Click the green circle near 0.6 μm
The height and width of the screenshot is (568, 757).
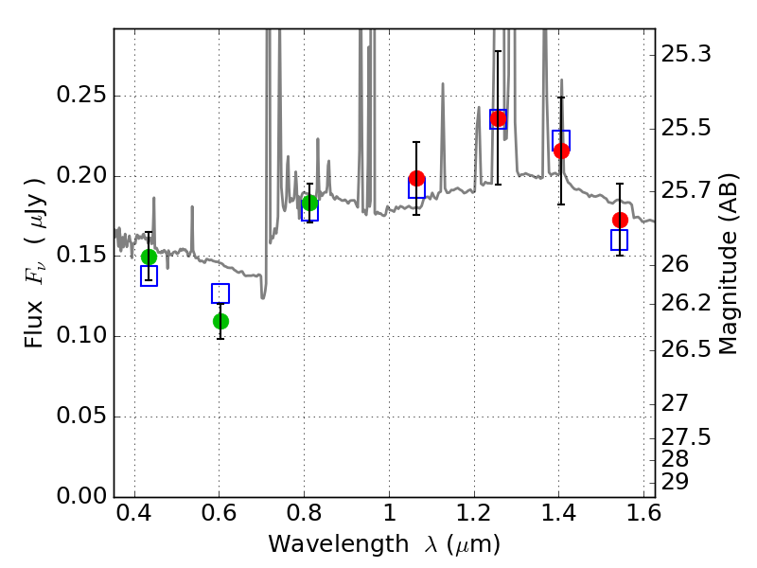click(x=220, y=321)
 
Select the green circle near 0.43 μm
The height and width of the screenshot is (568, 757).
click(x=149, y=257)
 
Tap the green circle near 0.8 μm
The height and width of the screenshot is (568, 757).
click(x=310, y=203)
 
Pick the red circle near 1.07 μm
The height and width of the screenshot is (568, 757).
click(x=416, y=178)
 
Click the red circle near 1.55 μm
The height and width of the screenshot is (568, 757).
click(x=621, y=221)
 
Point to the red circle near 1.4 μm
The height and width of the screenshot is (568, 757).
click(x=561, y=151)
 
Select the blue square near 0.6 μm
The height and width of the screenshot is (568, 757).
click(x=220, y=293)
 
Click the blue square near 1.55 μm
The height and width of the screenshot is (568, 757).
click(x=619, y=240)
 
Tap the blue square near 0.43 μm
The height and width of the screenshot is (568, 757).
click(x=149, y=275)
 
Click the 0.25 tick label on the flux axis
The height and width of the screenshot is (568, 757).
click(x=81, y=95)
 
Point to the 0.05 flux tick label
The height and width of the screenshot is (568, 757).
click(x=81, y=416)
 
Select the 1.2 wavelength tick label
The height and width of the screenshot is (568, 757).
click(x=474, y=513)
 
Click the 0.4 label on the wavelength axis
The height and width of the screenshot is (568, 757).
click(x=134, y=513)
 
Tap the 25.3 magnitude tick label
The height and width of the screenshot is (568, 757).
click(x=686, y=54)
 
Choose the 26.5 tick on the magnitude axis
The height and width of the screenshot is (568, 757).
click(x=686, y=349)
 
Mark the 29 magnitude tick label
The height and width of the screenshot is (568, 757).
click(x=675, y=482)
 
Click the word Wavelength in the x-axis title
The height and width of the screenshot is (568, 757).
click(x=339, y=544)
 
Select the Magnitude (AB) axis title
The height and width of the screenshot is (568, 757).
click(x=729, y=265)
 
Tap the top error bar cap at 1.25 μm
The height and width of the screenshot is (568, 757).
click(x=499, y=51)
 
